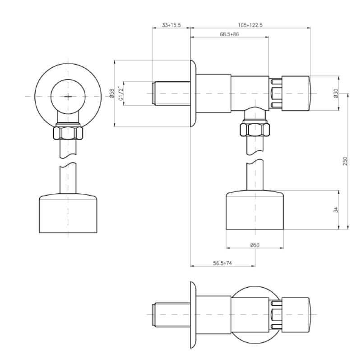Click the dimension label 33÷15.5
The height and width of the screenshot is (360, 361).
click(x=171, y=25)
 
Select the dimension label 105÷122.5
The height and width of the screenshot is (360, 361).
click(x=250, y=25)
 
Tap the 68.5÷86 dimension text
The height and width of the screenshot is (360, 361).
click(x=229, y=34)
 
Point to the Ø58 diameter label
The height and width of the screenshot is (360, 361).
click(x=112, y=94)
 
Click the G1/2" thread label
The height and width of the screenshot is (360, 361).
click(x=121, y=93)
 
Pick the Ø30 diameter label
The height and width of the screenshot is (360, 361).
click(x=336, y=93)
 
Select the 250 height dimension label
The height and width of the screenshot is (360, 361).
click(x=345, y=161)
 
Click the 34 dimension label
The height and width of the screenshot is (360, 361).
click(x=336, y=210)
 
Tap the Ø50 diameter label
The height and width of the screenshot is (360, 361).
click(x=255, y=245)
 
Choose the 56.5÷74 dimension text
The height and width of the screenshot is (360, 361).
click(x=222, y=263)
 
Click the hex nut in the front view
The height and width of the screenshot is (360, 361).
click(x=68, y=132)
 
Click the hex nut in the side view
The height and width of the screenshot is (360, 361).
click(x=255, y=130)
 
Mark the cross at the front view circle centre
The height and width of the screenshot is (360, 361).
click(x=68, y=97)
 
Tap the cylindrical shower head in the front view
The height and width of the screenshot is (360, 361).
click(x=68, y=213)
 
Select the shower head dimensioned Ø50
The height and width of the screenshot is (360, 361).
click(x=255, y=210)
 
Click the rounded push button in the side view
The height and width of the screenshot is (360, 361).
click(x=296, y=93)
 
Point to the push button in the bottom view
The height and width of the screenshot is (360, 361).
click(x=296, y=315)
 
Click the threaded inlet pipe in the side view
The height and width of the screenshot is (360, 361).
click(x=171, y=94)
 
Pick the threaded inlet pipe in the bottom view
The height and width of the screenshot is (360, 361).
click(x=171, y=315)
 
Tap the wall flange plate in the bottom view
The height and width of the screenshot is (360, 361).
click(x=193, y=315)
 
